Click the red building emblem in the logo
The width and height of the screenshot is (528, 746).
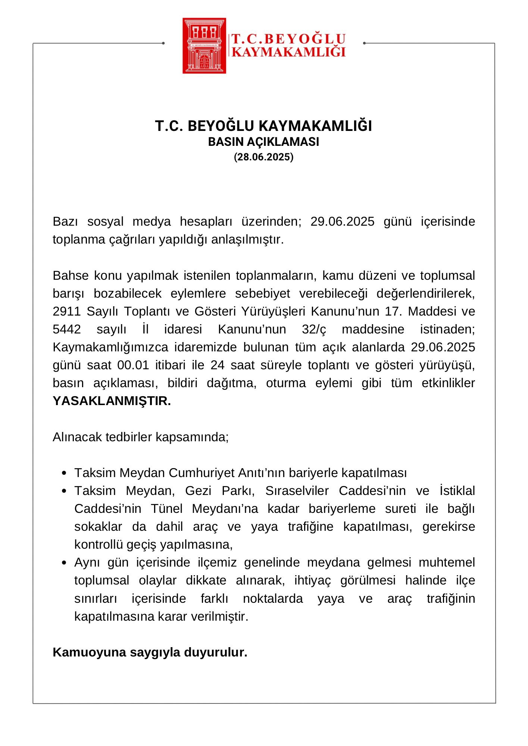point(204,46)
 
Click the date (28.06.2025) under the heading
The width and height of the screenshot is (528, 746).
point(264,157)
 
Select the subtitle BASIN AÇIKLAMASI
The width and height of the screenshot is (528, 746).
point(263,142)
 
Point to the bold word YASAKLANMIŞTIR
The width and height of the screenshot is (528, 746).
point(112,401)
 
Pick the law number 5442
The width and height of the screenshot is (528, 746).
point(66,329)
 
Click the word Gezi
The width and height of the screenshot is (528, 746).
point(198,490)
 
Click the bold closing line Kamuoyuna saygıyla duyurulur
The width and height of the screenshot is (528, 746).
point(150,652)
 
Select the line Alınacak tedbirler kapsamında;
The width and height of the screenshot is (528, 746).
point(141,437)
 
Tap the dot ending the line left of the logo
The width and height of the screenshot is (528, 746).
point(163,43)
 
